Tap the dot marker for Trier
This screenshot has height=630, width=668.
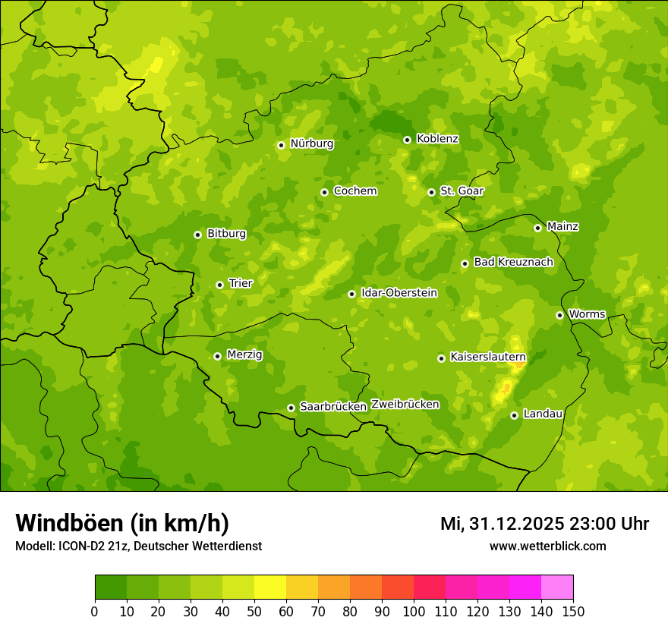pyautogui.click(x=220, y=285)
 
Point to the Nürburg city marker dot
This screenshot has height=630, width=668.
pyautogui.click(x=281, y=145)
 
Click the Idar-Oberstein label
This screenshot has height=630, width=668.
pyautogui.click(x=399, y=293)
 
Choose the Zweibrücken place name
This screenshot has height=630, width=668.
pyautogui.click(x=405, y=405)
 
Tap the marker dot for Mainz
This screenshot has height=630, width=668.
pyautogui.click(x=537, y=228)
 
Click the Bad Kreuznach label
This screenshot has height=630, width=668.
pyautogui.click(x=513, y=262)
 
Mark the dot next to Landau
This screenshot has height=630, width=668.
pyautogui.click(x=515, y=415)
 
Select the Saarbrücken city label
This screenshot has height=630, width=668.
pyautogui.click(x=333, y=407)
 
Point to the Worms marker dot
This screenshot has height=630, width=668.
pyautogui.click(x=559, y=315)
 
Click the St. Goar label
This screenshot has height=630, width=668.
pyautogui.click(x=462, y=191)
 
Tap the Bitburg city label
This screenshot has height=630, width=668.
pyautogui.click(x=226, y=234)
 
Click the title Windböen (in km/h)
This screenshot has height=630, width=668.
pyautogui.click(x=122, y=523)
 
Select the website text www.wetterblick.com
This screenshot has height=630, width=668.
pyautogui.click(x=547, y=546)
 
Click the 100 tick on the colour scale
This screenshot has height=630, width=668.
pyautogui.click(x=414, y=611)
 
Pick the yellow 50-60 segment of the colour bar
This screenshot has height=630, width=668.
pyautogui.click(x=270, y=587)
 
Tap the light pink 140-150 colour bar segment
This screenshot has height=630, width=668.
pyautogui.click(x=557, y=587)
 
